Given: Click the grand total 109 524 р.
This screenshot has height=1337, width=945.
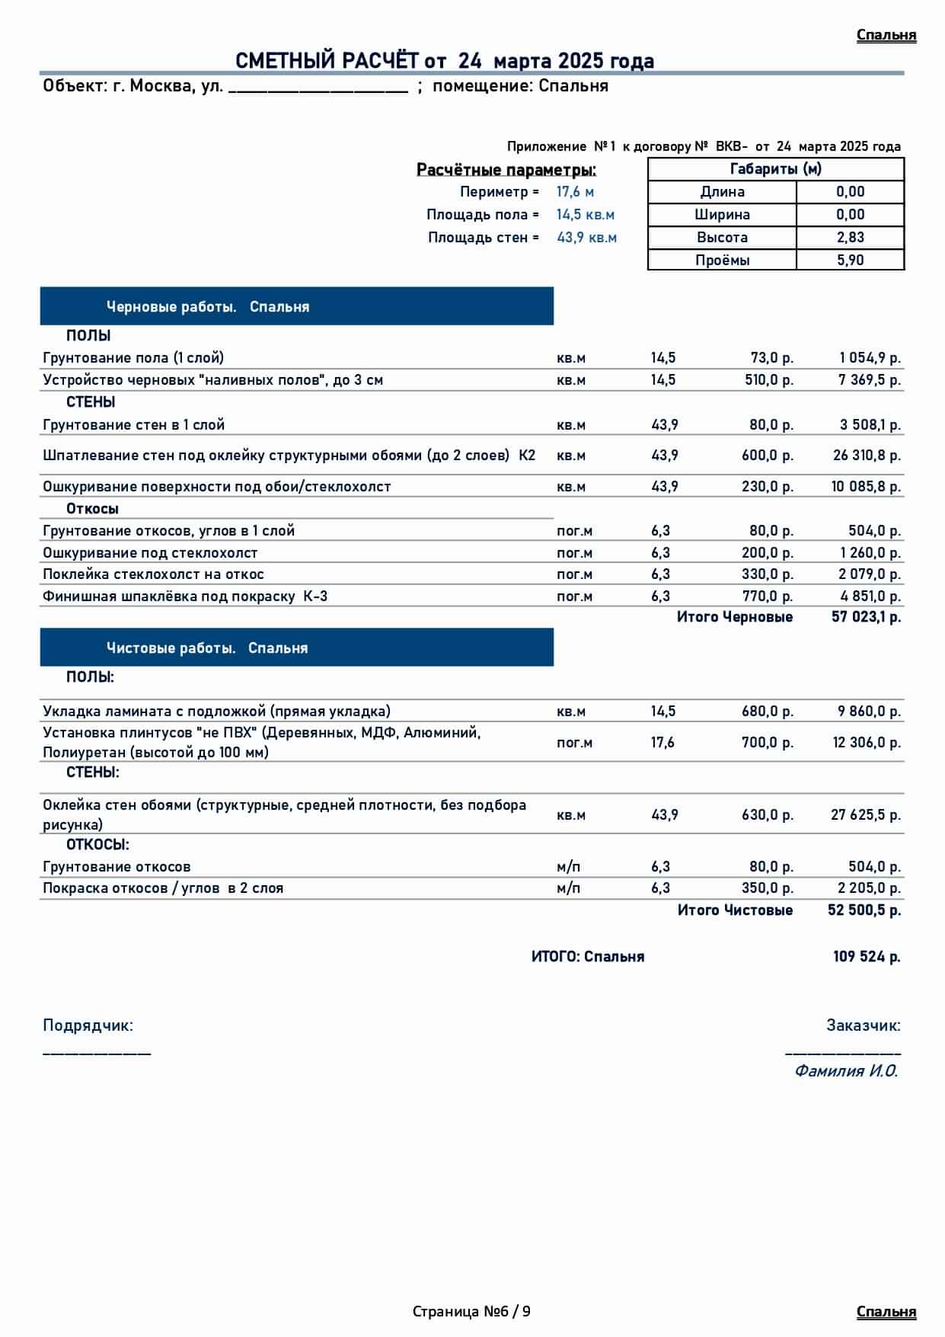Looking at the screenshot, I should coord(866,957).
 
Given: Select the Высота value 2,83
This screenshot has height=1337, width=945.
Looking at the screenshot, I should coord(850,238).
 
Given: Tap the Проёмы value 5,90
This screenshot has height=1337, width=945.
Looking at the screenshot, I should coord(850,261).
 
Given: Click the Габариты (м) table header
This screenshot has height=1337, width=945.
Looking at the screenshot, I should coord(775,169).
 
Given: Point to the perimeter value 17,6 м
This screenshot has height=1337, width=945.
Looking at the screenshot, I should coord(575,192).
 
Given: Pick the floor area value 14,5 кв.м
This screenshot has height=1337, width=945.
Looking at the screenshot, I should coord(585,215).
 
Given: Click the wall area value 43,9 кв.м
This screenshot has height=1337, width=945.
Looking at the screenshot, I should coord(586,238).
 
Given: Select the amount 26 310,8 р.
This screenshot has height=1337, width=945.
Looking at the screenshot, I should coord(866,456).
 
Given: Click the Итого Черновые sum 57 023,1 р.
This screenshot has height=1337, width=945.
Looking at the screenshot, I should coord(866,617).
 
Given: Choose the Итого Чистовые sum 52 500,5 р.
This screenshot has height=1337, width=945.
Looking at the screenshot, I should coord(864,910).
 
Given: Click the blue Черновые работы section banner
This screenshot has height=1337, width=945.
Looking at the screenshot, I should coord(296,307).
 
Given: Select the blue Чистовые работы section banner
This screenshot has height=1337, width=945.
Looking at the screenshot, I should coord(296,648).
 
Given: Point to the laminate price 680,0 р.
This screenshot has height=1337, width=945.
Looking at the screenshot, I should coord(767,712).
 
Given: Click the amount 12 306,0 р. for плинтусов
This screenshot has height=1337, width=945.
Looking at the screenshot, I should coord(866,743).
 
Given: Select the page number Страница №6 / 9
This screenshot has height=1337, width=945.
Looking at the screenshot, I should coord(471,1312).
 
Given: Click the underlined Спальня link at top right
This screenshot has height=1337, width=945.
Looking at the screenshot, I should coord(886,35).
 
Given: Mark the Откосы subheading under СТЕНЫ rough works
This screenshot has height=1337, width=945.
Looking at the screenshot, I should coord(92,509).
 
